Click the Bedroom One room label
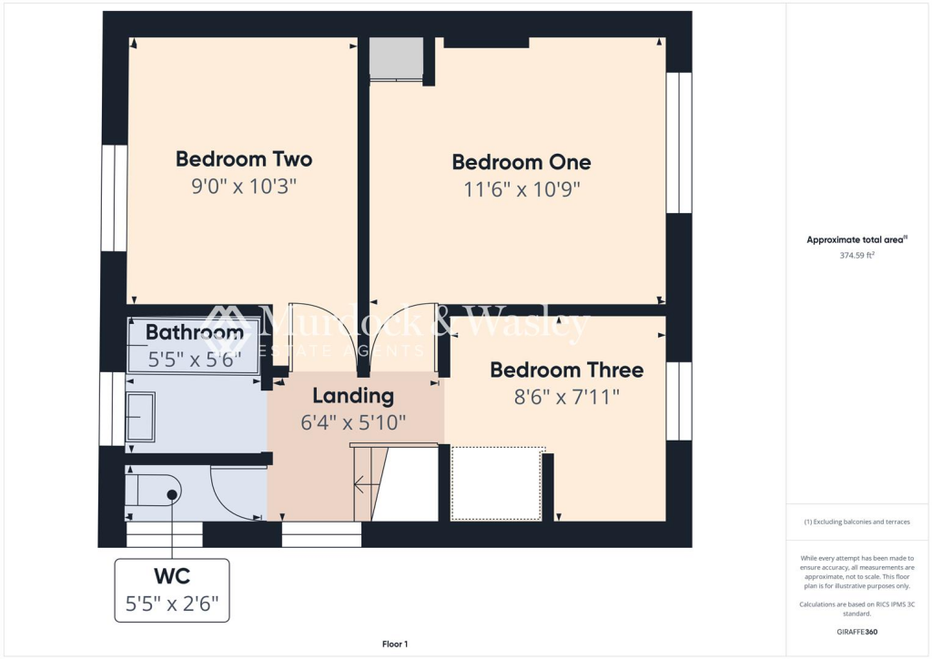tap(521, 162)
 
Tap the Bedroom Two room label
tap(243, 159)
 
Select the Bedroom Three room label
tap(566, 370)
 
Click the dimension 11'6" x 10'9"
tap(521, 189)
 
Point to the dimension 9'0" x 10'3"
tap(243, 187)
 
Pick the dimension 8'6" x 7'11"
tap(566, 397)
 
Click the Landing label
tap(353, 396)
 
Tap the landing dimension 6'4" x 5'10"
tap(353, 423)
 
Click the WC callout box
tap(171, 590)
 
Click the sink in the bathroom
tap(140, 417)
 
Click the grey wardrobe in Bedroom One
tap(396, 58)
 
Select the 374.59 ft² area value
tap(856, 256)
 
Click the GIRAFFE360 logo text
tap(858, 632)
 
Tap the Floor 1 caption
tap(394, 644)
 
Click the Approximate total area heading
tap(855, 240)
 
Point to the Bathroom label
tap(194, 332)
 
